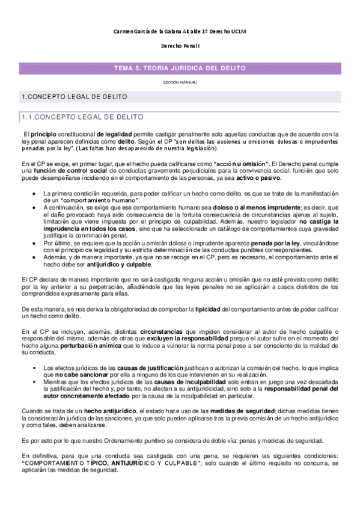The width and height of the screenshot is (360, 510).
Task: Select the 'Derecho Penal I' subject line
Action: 180,46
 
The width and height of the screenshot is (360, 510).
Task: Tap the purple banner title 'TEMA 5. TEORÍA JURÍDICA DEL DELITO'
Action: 180,68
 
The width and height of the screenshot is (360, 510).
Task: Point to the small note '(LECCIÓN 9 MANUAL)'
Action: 180,82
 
